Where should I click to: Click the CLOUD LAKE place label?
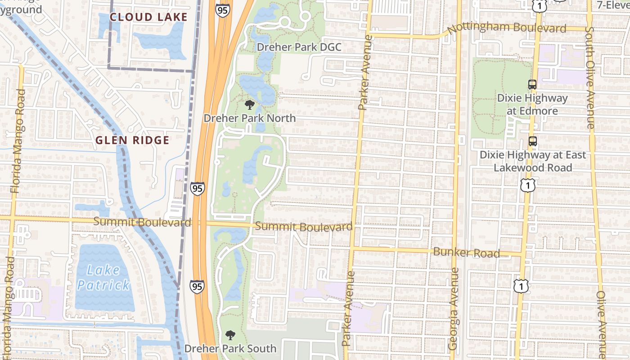[x=148, y=17]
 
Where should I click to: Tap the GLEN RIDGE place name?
[x=132, y=140]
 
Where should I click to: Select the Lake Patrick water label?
[x=103, y=278]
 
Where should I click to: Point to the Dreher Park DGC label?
[x=299, y=47]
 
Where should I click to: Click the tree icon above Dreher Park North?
[x=249, y=105]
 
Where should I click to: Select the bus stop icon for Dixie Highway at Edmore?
[x=532, y=85]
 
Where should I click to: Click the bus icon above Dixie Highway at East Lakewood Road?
[x=533, y=141]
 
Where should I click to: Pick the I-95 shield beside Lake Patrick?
[x=197, y=286]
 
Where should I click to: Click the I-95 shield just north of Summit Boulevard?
[x=197, y=188]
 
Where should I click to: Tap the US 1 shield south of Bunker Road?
[x=521, y=286]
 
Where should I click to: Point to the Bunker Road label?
[x=466, y=252]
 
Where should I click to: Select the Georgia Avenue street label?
[x=454, y=308]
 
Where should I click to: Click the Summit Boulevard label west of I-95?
[x=142, y=222]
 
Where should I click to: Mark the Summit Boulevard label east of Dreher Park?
[x=303, y=227]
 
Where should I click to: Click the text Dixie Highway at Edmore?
[x=532, y=104]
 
